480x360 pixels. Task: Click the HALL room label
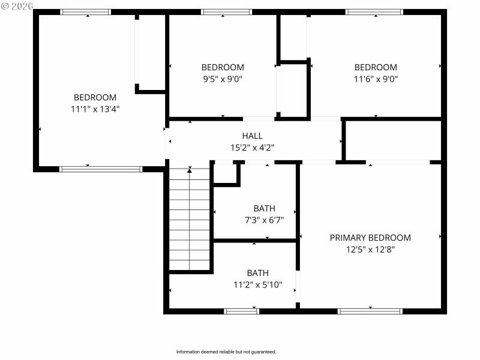(252, 136)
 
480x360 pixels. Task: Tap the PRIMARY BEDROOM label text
(370, 238)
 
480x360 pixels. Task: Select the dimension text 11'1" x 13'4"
(95, 109)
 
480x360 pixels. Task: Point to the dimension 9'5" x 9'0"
(222, 79)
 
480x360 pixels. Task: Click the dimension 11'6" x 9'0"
(376, 79)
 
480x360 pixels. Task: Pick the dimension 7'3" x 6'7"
(264, 220)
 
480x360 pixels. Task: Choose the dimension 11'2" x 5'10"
(257, 284)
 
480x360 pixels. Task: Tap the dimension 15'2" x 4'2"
(252, 147)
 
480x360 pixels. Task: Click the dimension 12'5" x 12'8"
(370, 249)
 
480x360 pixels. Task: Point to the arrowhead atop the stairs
(190, 170)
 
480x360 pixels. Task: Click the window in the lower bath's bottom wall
(241, 311)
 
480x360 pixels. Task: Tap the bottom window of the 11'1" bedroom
(101, 169)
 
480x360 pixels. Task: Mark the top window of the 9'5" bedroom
(226, 12)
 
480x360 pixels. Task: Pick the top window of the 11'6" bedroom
(374, 12)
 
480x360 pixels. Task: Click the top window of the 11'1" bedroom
(86, 12)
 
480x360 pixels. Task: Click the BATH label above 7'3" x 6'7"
(264, 208)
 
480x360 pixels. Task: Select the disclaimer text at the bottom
(226, 352)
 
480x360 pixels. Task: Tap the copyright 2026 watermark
(17, 5)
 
